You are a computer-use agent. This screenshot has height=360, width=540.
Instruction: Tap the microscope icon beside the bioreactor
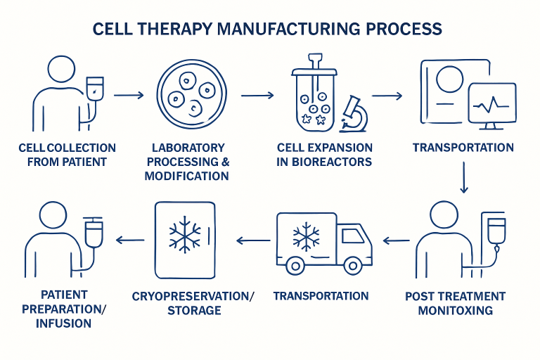coord(354,113)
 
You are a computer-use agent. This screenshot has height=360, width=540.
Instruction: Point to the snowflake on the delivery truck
coord(305,237)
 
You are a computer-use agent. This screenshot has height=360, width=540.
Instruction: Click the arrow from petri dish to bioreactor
coord(257,94)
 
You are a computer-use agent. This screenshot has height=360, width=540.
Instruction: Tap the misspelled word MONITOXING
coord(455,310)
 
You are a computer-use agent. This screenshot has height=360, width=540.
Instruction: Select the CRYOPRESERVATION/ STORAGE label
coord(193,303)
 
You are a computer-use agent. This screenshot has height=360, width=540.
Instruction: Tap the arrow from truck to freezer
coord(252,240)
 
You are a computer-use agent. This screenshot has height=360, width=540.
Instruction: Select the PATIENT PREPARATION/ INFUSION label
coord(65,309)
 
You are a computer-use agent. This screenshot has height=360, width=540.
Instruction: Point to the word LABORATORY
coord(188,148)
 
